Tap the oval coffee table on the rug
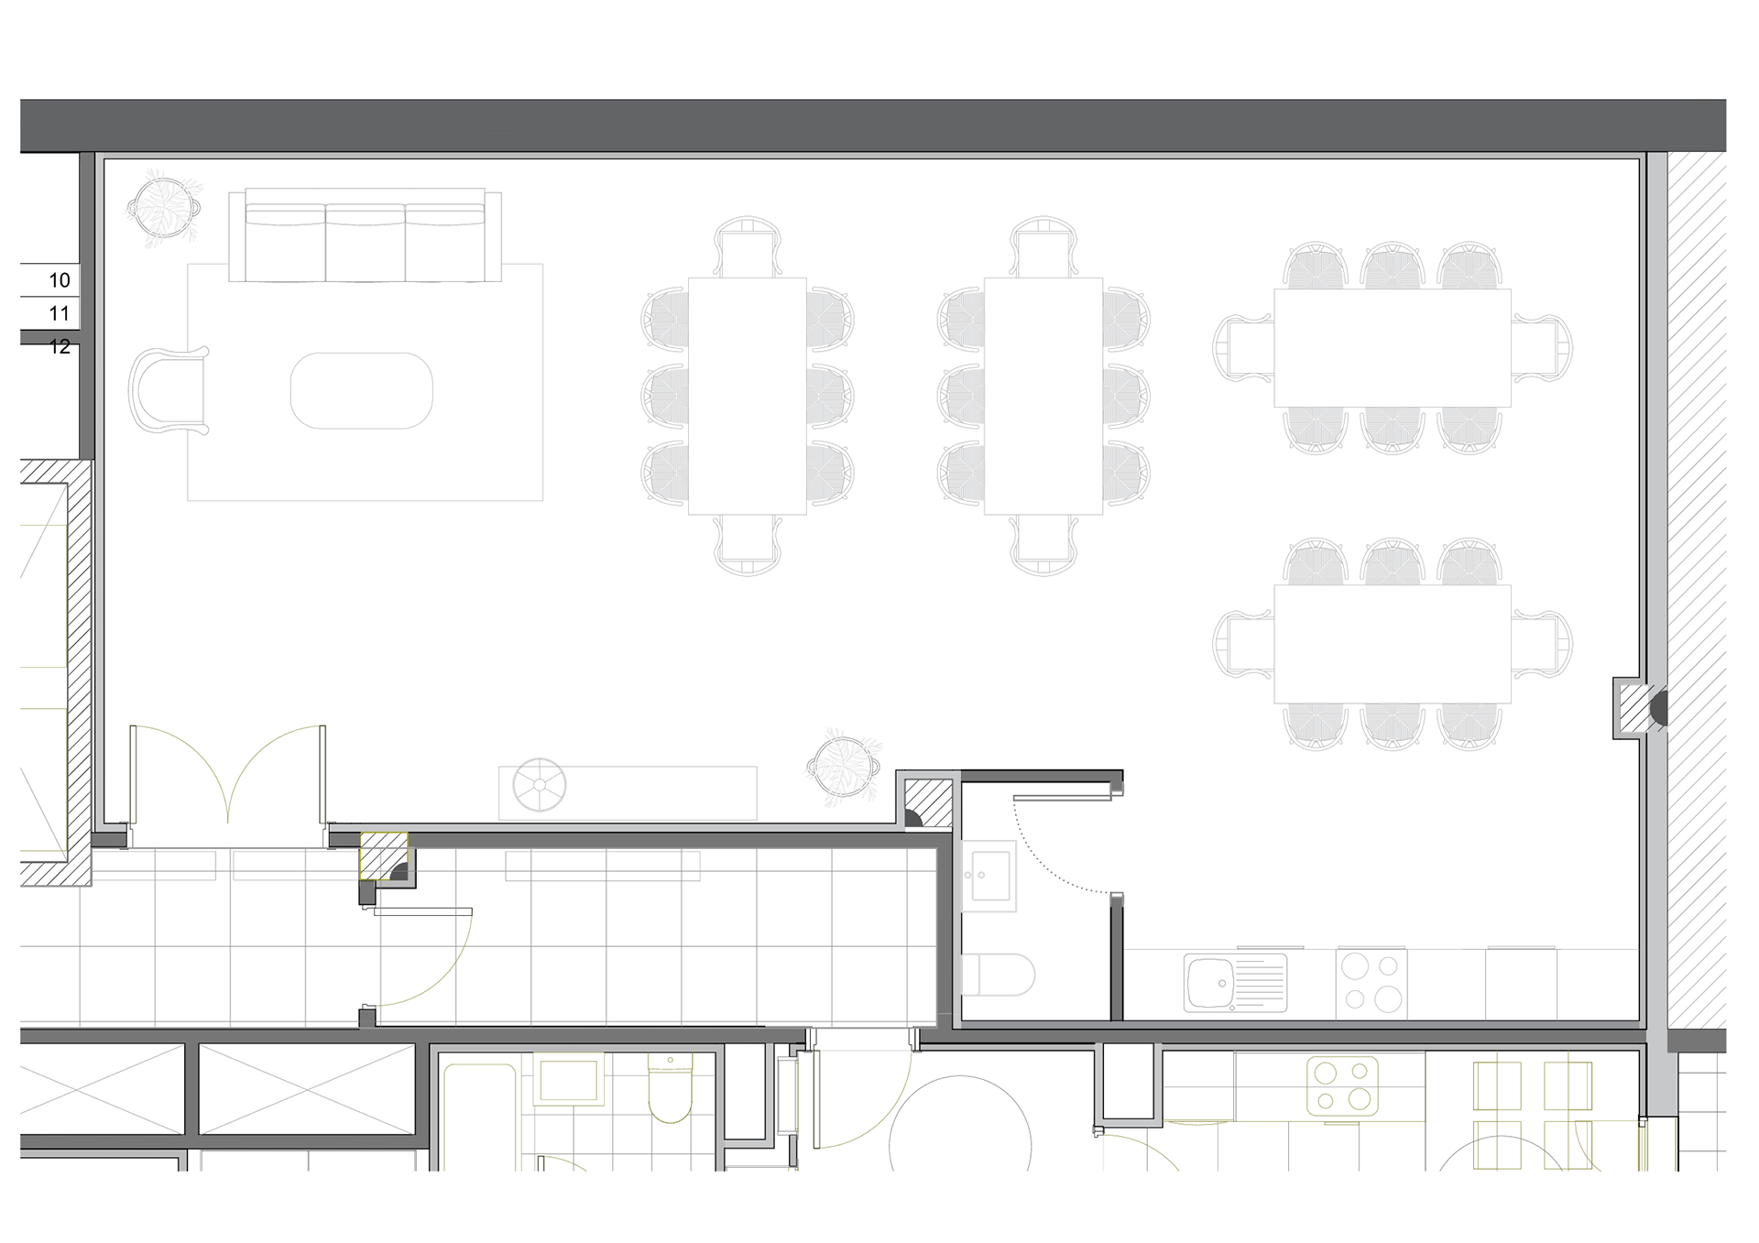pyautogui.click(x=361, y=390)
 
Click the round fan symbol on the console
pyautogui.click(x=539, y=785)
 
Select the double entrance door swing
pyautogui.click(x=228, y=774)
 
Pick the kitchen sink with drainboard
pyautogui.click(x=1234, y=983)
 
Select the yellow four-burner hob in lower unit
pyautogui.click(x=1341, y=1085)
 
